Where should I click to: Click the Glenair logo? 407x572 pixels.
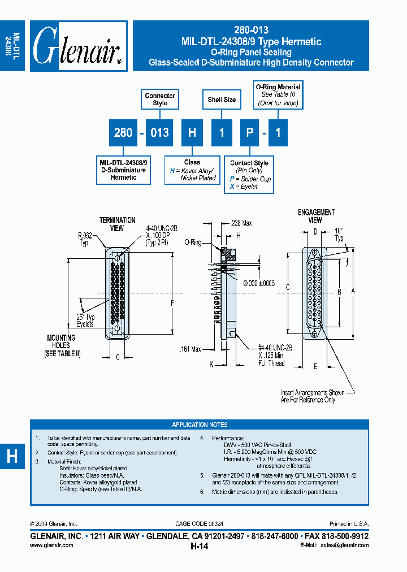point(77,46)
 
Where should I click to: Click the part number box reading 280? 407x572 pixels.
point(123,133)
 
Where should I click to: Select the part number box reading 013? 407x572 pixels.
point(160,133)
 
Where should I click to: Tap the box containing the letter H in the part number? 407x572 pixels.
point(192,133)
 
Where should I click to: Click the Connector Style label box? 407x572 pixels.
point(160,99)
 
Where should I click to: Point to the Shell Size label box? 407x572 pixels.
point(222,100)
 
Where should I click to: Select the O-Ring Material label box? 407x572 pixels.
point(278,96)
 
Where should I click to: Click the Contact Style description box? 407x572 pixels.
point(249,175)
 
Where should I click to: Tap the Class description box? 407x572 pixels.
point(192,170)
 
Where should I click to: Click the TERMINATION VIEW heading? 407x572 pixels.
point(118,224)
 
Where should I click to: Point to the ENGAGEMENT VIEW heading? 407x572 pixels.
point(316,216)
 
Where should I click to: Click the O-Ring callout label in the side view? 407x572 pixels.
point(193,242)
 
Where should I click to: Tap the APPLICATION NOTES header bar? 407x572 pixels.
point(200,424)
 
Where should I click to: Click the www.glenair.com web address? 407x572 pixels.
point(51,545)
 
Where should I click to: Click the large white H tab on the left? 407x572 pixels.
point(12,457)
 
